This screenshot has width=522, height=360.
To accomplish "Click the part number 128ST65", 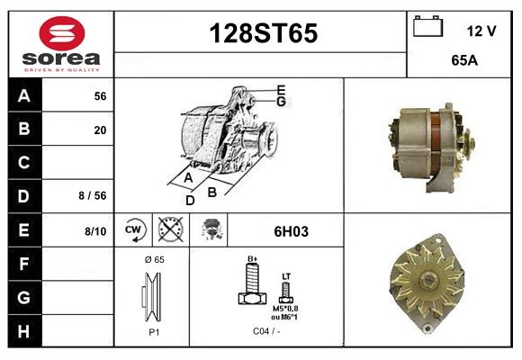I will point(263,33).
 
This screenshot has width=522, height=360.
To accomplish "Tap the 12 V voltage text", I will point(481,31).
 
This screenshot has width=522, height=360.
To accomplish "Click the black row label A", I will point(24,95).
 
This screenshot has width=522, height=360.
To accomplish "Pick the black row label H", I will point(24,331).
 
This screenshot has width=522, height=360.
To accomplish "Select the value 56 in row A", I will point(100,96).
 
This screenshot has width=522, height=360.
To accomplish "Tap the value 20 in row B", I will point(100,130).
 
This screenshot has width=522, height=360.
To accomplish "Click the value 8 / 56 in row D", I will point(93,196).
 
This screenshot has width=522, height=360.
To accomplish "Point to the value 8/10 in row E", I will point(94,231).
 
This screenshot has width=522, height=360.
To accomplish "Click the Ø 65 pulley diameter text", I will point(154,259).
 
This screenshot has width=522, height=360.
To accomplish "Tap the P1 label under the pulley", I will point(153,331).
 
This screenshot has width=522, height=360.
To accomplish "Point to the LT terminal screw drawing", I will point(286,291).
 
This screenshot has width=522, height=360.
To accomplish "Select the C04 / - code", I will point(265,331).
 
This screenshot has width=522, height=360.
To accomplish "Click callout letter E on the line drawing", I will point(281,89).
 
